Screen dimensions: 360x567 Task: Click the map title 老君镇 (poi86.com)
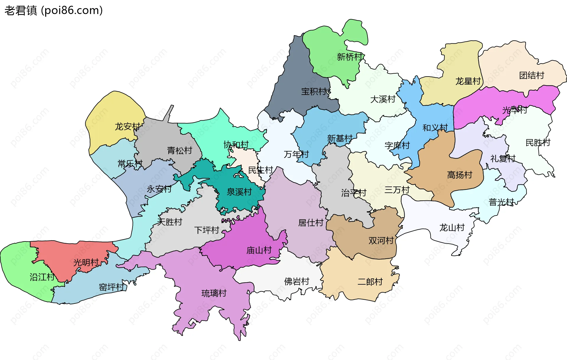click(x=53, y=11)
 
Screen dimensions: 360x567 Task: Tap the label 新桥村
click(x=349, y=57)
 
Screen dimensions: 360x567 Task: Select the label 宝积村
click(x=314, y=92)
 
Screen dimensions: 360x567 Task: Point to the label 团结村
click(x=532, y=76)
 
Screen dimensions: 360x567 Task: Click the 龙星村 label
click(x=468, y=81)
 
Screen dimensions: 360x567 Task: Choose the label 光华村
click(x=514, y=110)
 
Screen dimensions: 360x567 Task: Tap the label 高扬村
click(x=460, y=175)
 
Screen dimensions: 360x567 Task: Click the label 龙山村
click(x=452, y=228)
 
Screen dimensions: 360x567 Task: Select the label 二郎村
click(x=370, y=282)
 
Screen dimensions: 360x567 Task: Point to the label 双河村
click(x=381, y=241)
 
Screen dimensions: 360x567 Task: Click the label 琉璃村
click(x=214, y=293)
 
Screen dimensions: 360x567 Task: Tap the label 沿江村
click(x=42, y=277)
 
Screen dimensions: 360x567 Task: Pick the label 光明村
click(x=86, y=262)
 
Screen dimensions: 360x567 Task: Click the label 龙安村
click(x=127, y=127)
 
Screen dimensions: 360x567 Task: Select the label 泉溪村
click(x=239, y=192)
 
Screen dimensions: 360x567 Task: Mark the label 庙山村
click(x=259, y=250)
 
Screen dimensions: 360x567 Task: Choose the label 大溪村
click(x=383, y=99)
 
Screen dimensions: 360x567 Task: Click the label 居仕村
click(x=311, y=223)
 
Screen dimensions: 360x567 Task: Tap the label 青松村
click(x=180, y=151)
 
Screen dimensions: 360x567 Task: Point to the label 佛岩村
click(x=296, y=281)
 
